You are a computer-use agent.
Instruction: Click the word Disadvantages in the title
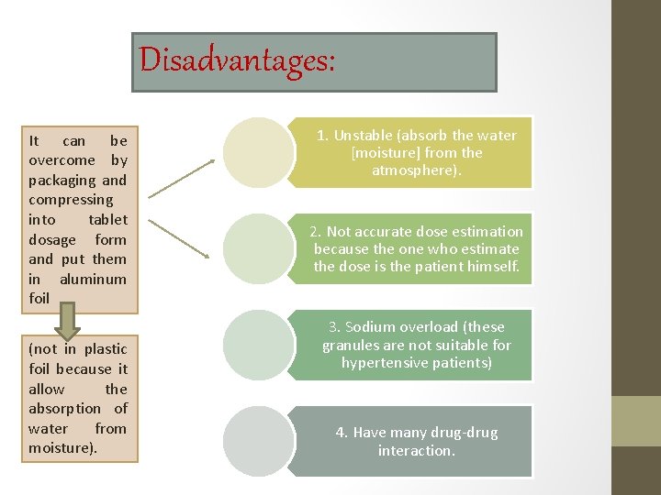[237, 60]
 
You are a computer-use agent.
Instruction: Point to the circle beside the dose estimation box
[260, 248]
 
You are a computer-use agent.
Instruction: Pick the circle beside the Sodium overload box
[260, 345]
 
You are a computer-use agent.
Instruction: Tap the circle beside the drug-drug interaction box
[260, 441]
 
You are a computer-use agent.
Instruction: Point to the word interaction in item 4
[417, 451]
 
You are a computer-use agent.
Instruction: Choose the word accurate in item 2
[386, 232]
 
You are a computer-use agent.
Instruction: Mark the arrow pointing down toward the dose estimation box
[182, 235]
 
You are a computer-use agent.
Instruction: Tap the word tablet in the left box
[107, 220]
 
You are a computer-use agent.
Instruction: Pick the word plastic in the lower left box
[105, 349]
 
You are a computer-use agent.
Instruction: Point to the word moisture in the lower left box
[62, 448]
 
